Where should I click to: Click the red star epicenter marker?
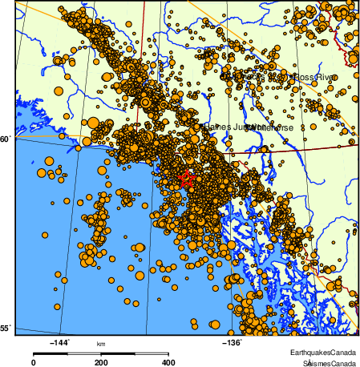tap(186, 179)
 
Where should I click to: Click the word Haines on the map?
tap(216, 127)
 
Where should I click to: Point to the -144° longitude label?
tap(60, 342)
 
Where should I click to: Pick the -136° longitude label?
tap(231, 342)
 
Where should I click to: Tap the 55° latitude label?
tap(6, 329)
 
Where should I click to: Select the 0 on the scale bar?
tap(33, 363)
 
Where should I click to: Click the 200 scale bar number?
tap(101, 363)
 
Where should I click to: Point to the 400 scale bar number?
tap(169, 363)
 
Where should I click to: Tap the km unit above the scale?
tap(101, 345)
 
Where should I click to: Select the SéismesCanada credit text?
tap(328, 363)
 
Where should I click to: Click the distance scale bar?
tap(101, 353)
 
